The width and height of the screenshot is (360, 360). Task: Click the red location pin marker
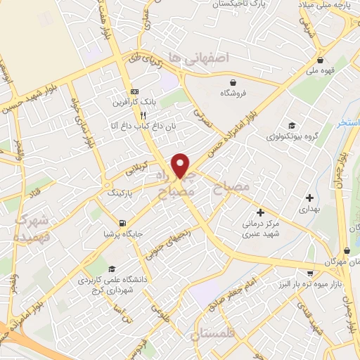click(x=181, y=164)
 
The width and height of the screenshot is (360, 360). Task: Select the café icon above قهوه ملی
click(x=321, y=60)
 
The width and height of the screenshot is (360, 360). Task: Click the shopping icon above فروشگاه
click(x=228, y=82)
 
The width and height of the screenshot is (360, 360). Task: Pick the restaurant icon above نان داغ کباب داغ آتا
click(x=143, y=114)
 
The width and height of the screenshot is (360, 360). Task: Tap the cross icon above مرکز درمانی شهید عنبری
click(x=260, y=212)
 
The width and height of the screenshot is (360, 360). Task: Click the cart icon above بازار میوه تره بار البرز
click(x=309, y=272)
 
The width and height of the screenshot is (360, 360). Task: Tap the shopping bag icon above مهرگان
click(x=346, y=251)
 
